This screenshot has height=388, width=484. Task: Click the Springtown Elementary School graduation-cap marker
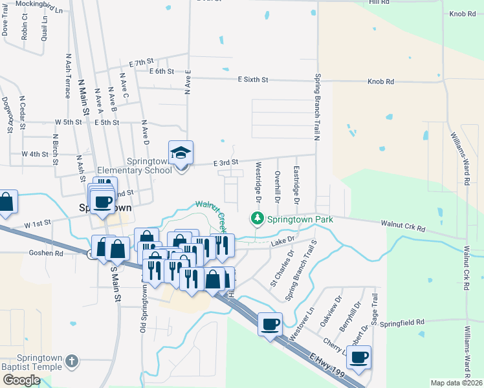[x=181, y=154]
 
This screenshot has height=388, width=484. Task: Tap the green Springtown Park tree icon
[x=258, y=219]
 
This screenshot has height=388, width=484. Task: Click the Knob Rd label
[x=380, y=82]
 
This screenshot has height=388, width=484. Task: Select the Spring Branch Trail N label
[x=318, y=107]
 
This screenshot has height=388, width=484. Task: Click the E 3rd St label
[x=226, y=162]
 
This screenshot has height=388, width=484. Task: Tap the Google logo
[x=21, y=380]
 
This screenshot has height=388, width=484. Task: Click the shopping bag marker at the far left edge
[x=6, y=202]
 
